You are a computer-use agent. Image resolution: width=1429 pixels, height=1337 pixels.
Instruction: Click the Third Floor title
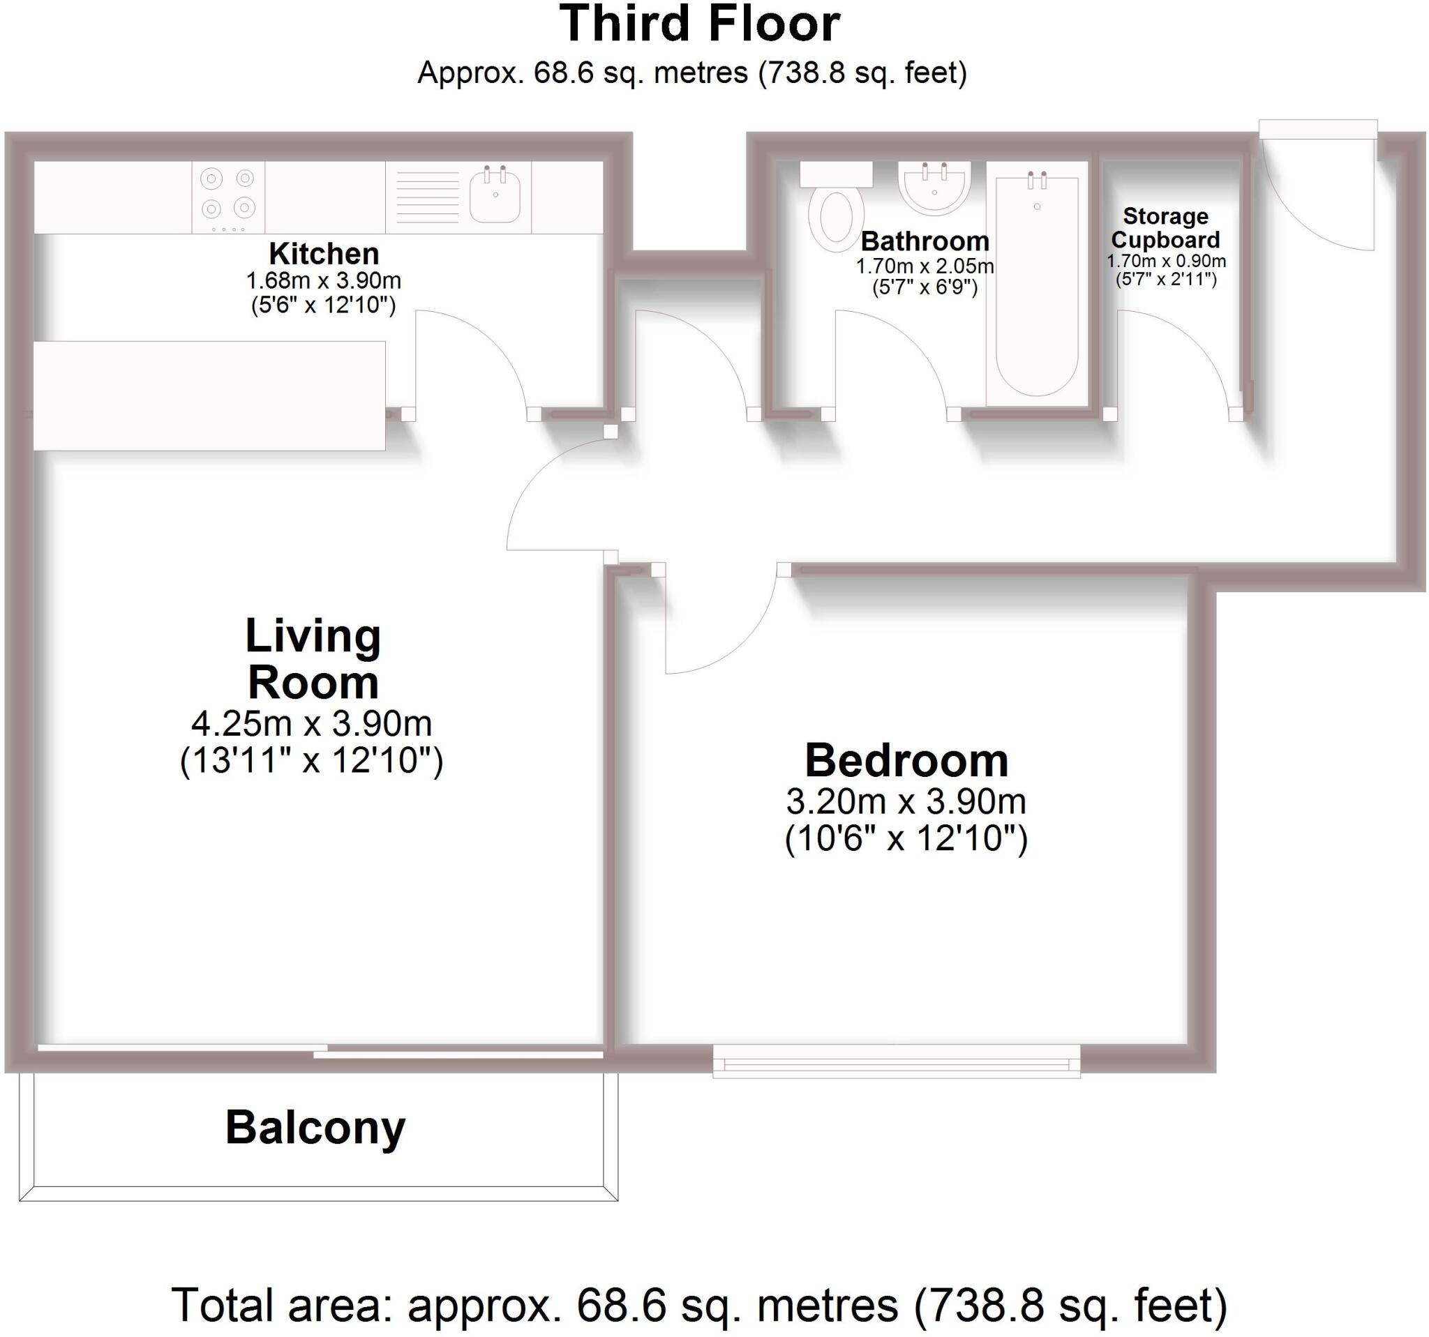[699, 25]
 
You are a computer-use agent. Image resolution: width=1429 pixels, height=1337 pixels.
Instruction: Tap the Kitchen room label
[324, 254]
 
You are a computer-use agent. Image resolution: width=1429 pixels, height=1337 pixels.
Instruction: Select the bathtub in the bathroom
[1037, 284]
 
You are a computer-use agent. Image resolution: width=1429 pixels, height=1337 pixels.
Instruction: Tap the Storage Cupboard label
[1165, 228]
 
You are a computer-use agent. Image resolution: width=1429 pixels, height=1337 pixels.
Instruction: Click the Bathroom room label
[925, 241]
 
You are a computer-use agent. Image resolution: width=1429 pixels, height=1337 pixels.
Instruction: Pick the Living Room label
[313, 659]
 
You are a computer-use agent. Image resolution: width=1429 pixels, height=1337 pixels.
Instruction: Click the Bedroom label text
[906, 760]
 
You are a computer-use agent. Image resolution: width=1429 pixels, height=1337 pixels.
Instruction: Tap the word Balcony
[315, 1126]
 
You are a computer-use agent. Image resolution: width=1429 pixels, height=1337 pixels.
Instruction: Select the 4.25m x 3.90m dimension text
[311, 723]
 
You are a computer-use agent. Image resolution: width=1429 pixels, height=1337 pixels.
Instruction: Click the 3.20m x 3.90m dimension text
[906, 801]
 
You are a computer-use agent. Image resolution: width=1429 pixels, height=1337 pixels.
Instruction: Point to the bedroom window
[897, 1060]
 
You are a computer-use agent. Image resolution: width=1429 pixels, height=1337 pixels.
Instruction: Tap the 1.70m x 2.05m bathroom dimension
[925, 266]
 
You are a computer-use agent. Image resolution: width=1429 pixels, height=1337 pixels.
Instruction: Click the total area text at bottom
[699, 1306]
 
